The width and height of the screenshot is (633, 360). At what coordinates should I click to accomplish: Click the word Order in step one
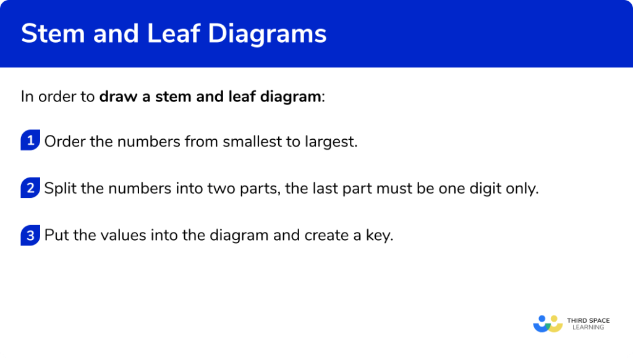pyautogui.click(x=64, y=142)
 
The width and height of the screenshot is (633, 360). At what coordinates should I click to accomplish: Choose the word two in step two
pyautogui.click(x=198, y=189)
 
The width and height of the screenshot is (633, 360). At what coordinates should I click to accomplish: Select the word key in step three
pyautogui.click(x=378, y=236)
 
